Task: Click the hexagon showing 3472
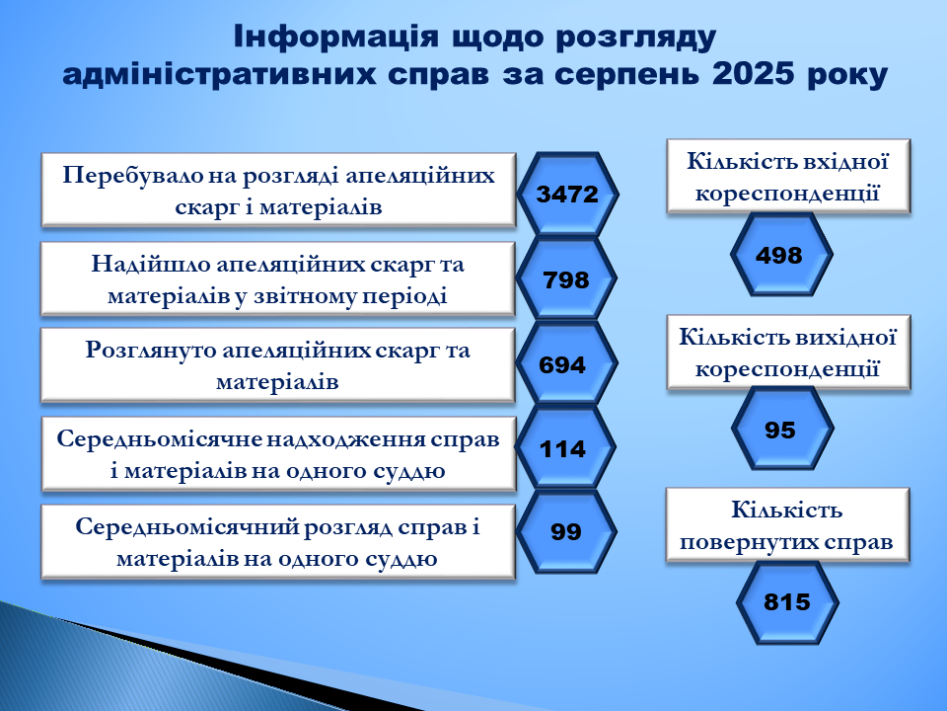[567, 195]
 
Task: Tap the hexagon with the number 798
[566, 278]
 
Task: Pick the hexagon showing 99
[566, 531]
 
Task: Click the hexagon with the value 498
[781, 255]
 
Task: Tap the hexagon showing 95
[782, 429]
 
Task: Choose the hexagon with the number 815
[787, 602]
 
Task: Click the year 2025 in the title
[753, 74]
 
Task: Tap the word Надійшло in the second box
[149, 265]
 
